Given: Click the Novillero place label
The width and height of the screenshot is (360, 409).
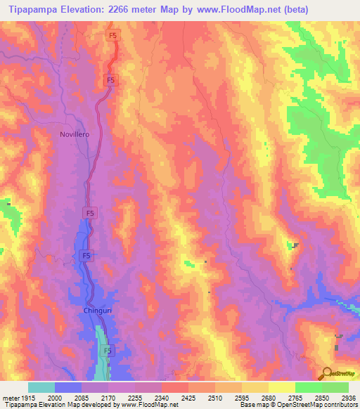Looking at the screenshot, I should [74, 134].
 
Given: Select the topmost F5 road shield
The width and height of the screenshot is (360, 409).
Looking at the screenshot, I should [113, 35].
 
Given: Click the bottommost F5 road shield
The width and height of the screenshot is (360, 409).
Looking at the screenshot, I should [108, 350].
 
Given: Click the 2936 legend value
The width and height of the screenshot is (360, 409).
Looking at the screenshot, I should [349, 398].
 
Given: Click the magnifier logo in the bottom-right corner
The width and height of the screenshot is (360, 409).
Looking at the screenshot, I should [327, 372].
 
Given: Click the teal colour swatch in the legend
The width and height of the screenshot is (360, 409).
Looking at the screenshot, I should [41, 387].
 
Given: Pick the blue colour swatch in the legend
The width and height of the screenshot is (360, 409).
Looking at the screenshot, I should [68, 387].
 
